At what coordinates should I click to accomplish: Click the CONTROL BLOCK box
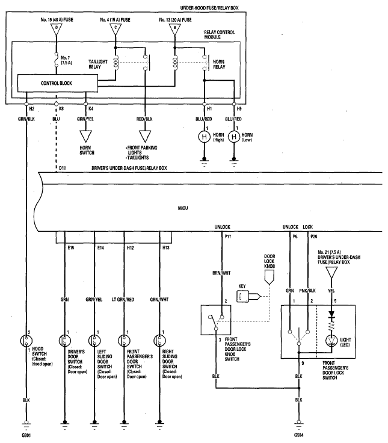[x=58, y=83]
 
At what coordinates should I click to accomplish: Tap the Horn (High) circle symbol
[x=204, y=137]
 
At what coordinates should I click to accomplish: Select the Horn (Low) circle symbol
[x=234, y=137]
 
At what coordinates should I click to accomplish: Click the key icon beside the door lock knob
[x=248, y=296]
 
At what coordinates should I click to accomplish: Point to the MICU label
[x=183, y=208]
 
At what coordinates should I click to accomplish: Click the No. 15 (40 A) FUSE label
[x=57, y=20]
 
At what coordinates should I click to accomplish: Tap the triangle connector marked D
[x=57, y=29]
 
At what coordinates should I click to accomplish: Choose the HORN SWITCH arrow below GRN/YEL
[x=85, y=136]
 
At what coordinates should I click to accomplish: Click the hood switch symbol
[x=26, y=341]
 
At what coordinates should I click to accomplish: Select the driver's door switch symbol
[x=65, y=341]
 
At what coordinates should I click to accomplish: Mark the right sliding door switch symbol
[x=159, y=341]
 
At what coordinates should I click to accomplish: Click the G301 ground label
[x=26, y=435]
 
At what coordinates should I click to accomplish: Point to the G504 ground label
[x=299, y=435]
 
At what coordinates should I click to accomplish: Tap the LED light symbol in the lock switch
[x=331, y=341]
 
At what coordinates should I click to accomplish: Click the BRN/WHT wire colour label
[x=221, y=273]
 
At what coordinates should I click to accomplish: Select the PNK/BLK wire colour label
[x=307, y=291]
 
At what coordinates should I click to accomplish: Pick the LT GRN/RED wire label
[x=123, y=300]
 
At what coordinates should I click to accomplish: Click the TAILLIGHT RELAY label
[x=98, y=64]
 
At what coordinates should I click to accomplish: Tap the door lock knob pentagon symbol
[x=269, y=277]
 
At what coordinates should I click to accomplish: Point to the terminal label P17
[x=227, y=237]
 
